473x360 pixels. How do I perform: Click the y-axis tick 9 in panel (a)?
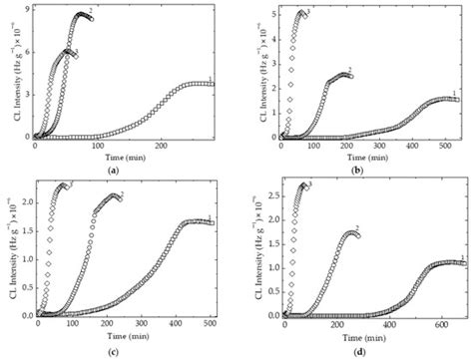[x=26, y=11]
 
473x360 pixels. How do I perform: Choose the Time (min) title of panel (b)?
[x=369, y=157]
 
